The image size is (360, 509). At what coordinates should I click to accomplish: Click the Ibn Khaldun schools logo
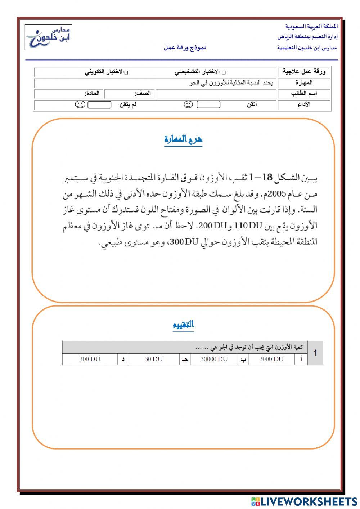[x=49, y=37]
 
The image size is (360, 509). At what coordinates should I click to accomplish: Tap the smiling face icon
[x=188, y=104]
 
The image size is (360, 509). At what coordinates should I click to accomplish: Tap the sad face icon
[x=80, y=104]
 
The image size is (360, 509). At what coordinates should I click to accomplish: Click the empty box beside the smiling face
[x=208, y=104]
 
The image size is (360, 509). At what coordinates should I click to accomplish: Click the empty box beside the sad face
[x=99, y=104]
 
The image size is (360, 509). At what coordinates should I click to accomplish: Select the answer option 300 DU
[x=90, y=359]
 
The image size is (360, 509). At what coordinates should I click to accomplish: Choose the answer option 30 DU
[x=154, y=359]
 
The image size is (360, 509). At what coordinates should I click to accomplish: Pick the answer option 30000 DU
[x=214, y=359]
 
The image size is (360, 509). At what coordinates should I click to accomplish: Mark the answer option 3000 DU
[x=271, y=359]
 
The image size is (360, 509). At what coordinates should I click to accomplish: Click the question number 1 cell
[x=315, y=353]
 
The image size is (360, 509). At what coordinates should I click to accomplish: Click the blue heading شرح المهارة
[x=183, y=139]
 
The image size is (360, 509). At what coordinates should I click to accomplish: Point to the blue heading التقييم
[x=183, y=325]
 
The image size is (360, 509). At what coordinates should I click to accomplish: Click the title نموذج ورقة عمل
[x=185, y=48]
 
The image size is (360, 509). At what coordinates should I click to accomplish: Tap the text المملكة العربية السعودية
[x=311, y=27]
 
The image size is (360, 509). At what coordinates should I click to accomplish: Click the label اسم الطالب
[x=304, y=94]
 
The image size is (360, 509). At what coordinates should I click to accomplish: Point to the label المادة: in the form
[x=92, y=94]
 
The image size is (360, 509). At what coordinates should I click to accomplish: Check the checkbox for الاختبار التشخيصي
[x=224, y=72]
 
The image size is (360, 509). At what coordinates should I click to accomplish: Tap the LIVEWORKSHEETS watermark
[x=304, y=501]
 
